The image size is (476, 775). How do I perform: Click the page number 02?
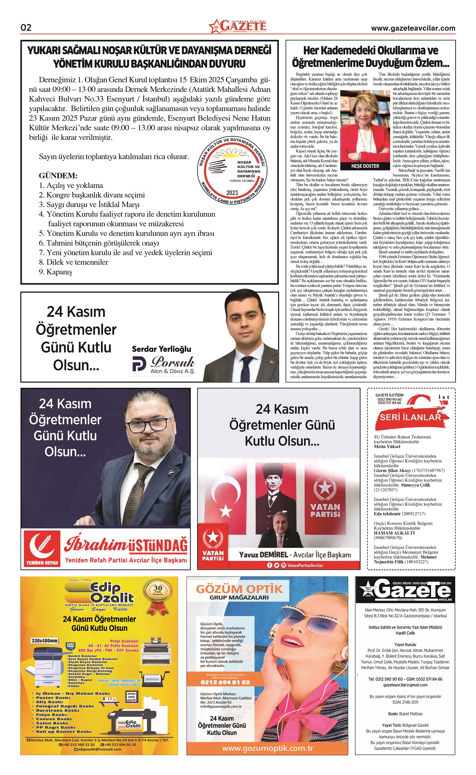point(26,28)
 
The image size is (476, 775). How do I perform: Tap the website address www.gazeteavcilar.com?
point(413,28)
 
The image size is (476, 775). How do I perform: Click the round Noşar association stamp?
point(232,171)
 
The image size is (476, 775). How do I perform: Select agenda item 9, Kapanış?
point(55,272)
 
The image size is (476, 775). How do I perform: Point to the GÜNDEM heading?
point(58,176)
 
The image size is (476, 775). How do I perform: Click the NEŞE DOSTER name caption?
point(365,166)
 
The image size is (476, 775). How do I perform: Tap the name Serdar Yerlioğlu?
point(161,349)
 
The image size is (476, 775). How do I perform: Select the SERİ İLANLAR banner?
point(410,417)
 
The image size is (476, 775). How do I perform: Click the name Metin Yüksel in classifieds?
point(387,447)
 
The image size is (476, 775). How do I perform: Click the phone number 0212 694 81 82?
point(225,682)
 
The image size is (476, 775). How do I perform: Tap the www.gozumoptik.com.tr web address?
point(267,748)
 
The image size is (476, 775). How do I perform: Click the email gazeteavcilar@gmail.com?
point(405,685)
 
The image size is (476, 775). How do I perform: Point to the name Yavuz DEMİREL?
point(263,555)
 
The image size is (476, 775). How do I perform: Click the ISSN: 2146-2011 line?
point(405,702)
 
